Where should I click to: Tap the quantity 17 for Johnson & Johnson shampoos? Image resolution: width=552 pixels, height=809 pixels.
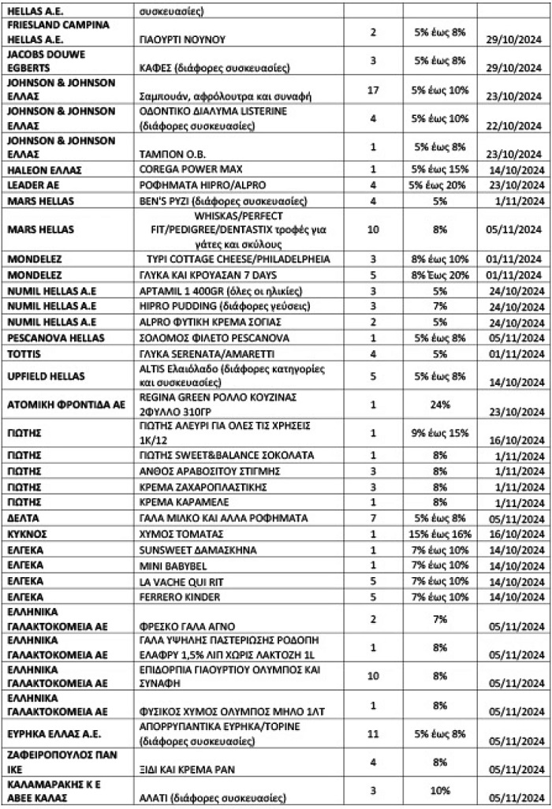point(374,91)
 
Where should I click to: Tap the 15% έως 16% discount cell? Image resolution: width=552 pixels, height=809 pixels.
point(440,534)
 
